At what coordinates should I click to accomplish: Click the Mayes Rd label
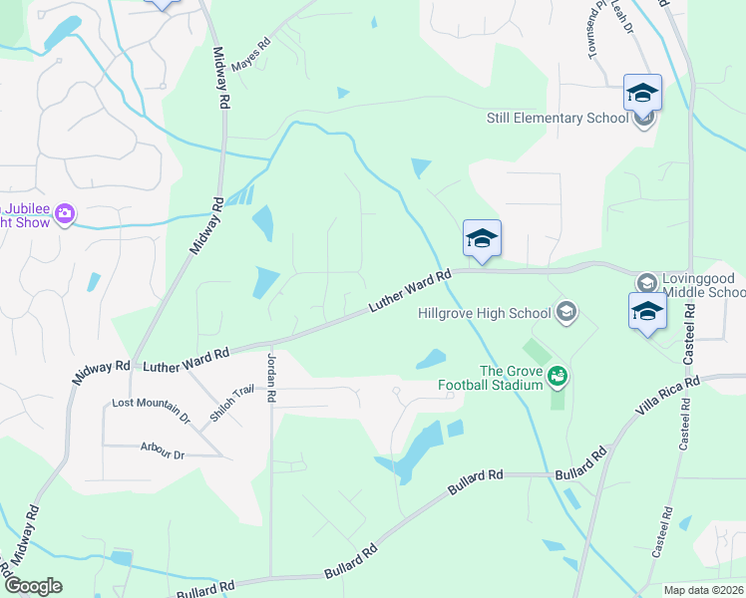[x=251, y=55]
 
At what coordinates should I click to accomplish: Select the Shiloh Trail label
[x=223, y=404]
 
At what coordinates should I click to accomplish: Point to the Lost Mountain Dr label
[x=151, y=407]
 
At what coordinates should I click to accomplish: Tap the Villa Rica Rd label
[x=668, y=395]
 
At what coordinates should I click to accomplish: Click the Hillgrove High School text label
[x=483, y=313]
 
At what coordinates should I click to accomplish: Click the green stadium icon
[x=558, y=376]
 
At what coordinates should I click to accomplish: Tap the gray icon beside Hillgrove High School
[x=566, y=312]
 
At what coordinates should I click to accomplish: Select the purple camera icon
[x=66, y=213]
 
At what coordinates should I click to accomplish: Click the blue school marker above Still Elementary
[x=643, y=93]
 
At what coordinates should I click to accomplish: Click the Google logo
[x=33, y=586]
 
